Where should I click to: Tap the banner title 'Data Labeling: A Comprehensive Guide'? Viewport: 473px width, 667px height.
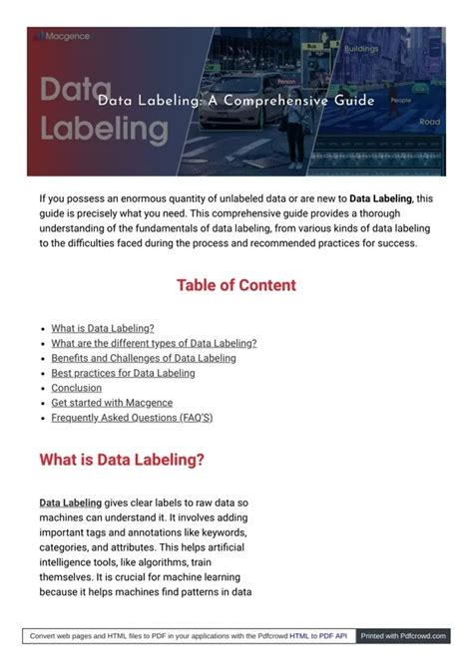point(236,101)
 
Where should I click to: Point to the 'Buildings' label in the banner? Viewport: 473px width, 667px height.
point(361,48)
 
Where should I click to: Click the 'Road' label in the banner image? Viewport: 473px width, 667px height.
point(430,122)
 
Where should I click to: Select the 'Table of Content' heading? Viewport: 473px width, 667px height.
point(236,285)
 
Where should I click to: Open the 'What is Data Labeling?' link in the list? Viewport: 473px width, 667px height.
point(103,328)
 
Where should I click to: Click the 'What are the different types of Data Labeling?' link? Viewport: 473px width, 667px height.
point(154,343)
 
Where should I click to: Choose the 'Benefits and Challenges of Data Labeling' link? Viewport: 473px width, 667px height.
point(144,358)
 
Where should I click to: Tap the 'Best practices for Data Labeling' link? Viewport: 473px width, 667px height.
point(123,373)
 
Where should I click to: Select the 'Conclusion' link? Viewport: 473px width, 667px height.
point(76,388)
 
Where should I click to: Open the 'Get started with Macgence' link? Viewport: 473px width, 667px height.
point(112,403)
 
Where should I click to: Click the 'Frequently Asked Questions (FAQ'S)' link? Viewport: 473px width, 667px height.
point(132,418)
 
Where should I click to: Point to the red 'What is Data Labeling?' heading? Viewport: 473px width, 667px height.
point(122,460)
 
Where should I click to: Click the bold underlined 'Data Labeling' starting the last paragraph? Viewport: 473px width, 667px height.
point(70,503)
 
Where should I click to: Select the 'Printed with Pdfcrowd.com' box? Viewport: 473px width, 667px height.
point(402,635)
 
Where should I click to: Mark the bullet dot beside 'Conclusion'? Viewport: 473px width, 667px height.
point(44,389)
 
